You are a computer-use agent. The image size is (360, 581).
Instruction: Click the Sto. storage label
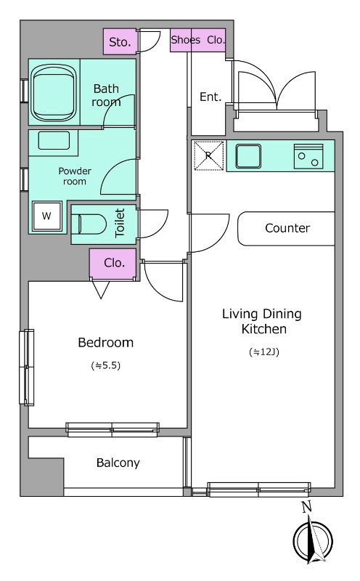(120, 42)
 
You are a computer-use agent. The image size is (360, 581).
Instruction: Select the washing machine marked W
(46, 216)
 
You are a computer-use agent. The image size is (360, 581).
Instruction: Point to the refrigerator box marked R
(209, 155)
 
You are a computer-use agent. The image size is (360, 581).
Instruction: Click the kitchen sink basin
(248, 156)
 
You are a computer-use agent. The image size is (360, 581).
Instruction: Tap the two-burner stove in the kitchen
(308, 156)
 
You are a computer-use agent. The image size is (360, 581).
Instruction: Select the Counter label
(287, 228)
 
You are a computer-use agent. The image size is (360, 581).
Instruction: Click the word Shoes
(185, 40)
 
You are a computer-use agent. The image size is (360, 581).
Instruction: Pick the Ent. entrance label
(210, 97)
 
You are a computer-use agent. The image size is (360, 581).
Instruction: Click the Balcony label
(118, 463)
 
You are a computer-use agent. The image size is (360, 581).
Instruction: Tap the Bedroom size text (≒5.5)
(106, 366)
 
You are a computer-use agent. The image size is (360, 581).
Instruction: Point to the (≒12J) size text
(263, 352)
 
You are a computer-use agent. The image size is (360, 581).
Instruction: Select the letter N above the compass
(306, 507)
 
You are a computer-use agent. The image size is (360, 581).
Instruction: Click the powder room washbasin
(54, 141)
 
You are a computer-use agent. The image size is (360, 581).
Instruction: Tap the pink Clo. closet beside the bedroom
(113, 263)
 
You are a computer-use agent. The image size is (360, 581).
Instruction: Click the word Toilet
(120, 223)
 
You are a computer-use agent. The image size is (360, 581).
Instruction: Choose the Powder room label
(75, 176)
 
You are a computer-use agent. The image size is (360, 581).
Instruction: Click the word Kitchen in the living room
(263, 329)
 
